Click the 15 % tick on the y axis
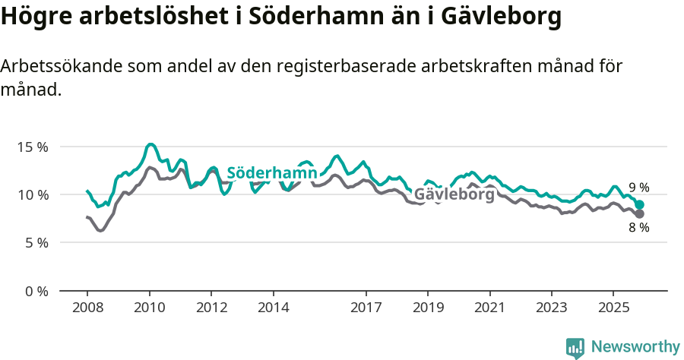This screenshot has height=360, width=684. pyautogui.click(x=32, y=147)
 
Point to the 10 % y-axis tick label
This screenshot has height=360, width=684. pyautogui.click(x=32, y=194)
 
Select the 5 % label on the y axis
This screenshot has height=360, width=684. pyautogui.click(x=36, y=243)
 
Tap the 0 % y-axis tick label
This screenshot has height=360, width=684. pyautogui.click(x=36, y=291)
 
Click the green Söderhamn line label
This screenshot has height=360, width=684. pyautogui.click(x=272, y=173)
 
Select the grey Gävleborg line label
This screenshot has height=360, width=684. pyautogui.click(x=454, y=194)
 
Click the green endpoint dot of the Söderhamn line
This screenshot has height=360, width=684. pyautogui.click(x=640, y=205)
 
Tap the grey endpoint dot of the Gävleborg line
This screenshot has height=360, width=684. pyautogui.click(x=640, y=214)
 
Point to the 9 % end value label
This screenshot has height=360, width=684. pyautogui.click(x=639, y=188)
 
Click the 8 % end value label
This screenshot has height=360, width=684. pyautogui.click(x=639, y=228)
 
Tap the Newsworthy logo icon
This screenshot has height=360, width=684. pyautogui.click(x=575, y=348)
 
